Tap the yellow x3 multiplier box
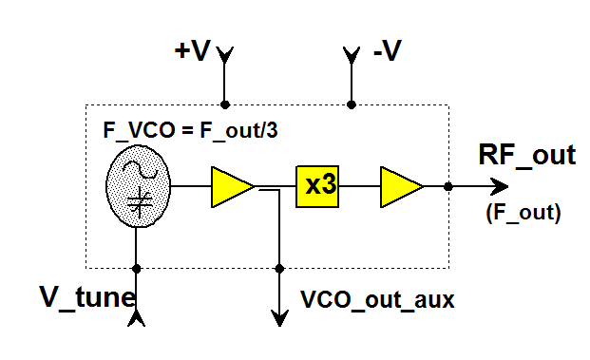pyautogui.click(x=321, y=186)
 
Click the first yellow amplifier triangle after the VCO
pyautogui.click(x=231, y=186)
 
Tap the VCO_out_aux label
pyautogui.click(x=378, y=300)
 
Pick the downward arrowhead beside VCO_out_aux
pyautogui.click(x=279, y=317)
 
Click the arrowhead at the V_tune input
pyautogui.click(x=137, y=319)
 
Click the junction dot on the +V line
pyautogui.click(x=225, y=104)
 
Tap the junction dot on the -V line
pyautogui.click(x=352, y=104)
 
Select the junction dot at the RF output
pyautogui.click(x=447, y=186)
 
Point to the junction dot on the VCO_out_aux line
pyautogui.click(x=279, y=267)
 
